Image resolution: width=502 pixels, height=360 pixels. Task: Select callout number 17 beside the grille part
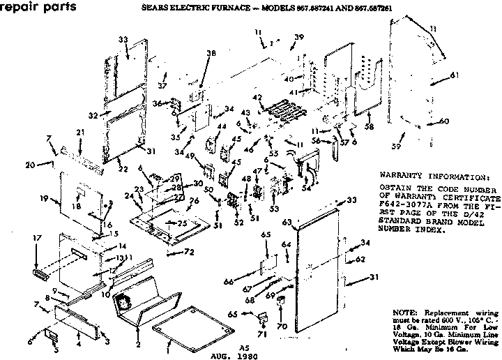click(x=19, y=238)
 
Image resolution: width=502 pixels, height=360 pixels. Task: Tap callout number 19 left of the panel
click(x=44, y=200)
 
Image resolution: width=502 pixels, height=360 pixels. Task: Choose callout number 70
click(x=282, y=325)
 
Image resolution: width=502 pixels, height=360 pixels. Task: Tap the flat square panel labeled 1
click(x=172, y=323)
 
